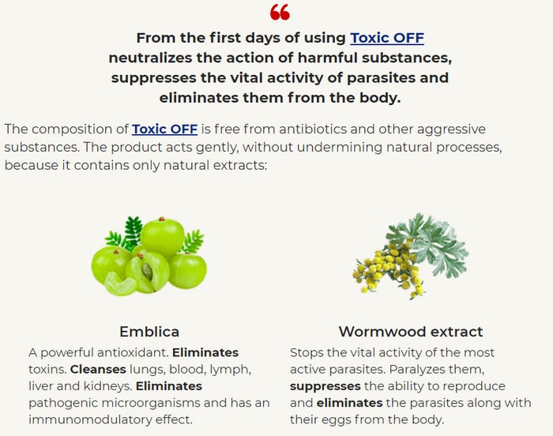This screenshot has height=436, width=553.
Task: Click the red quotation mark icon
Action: pyautogui.click(x=280, y=12)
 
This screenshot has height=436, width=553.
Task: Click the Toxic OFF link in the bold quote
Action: pyautogui.click(x=387, y=38)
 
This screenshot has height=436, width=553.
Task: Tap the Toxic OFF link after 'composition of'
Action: pyautogui.click(x=164, y=129)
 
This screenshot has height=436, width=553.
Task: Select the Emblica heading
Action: pyautogui.click(x=149, y=332)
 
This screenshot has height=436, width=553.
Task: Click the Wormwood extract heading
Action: pyautogui.click(x=411, y=332)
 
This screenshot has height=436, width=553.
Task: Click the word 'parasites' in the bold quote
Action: pyautogui.click(x=381, y=78)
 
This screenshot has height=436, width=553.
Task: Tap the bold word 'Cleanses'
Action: pyautogui.click(x=98, y=370)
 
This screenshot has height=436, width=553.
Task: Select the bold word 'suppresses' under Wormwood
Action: pyautogui.click(x=325, y=386)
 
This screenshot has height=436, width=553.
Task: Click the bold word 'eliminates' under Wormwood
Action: pyautogui.click(x=349, y=403)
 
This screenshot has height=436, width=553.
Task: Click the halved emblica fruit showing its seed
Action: pyautogui.click(x=147, y=272)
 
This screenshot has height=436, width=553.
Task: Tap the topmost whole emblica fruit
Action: pyautogui.click(x=162, y=237)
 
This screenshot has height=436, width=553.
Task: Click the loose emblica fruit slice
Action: pyautogui.click(x=120, y=284)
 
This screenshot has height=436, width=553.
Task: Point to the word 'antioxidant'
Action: pyautogui.click(x=132, y=353)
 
